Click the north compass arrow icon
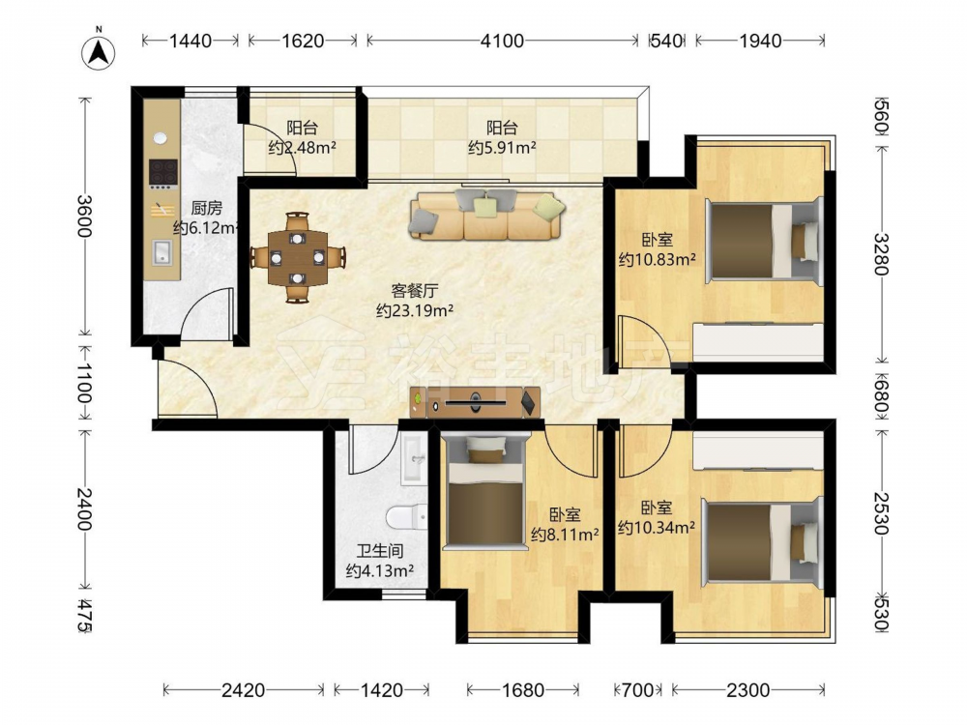[x=99, y=52]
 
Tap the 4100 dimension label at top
[x=502, y=41]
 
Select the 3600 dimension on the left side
[x=84, y=217]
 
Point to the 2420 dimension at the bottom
[x=243, y=690]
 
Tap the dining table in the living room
[x=298, y=257]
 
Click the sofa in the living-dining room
[x=486, y=214]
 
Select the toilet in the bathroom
[x=408, y=516]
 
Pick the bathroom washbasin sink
[x=414, y=458]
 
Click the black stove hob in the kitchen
[x=164, y=173]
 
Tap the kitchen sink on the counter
[x=162, y=252]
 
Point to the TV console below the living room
[x=475, y=402]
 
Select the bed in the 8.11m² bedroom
[x=485, y=490]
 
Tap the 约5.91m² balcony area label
[x=501, y=147]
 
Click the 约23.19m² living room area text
[x=415, y=310]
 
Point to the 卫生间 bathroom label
[x=380, y=551]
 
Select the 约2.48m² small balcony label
[x=302, y=147]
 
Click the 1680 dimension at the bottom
[x=523, y=690]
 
